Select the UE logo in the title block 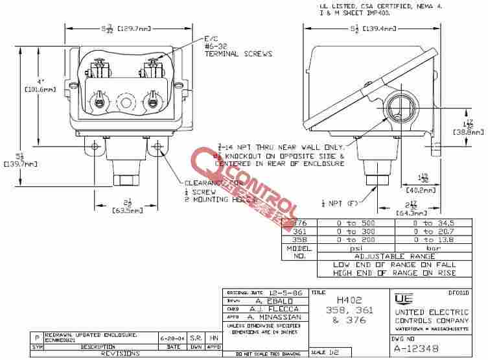pos(402,299)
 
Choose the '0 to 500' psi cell pos(351,222)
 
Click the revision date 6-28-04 pos(170,339)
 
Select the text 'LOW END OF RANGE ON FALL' pos(394,265)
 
